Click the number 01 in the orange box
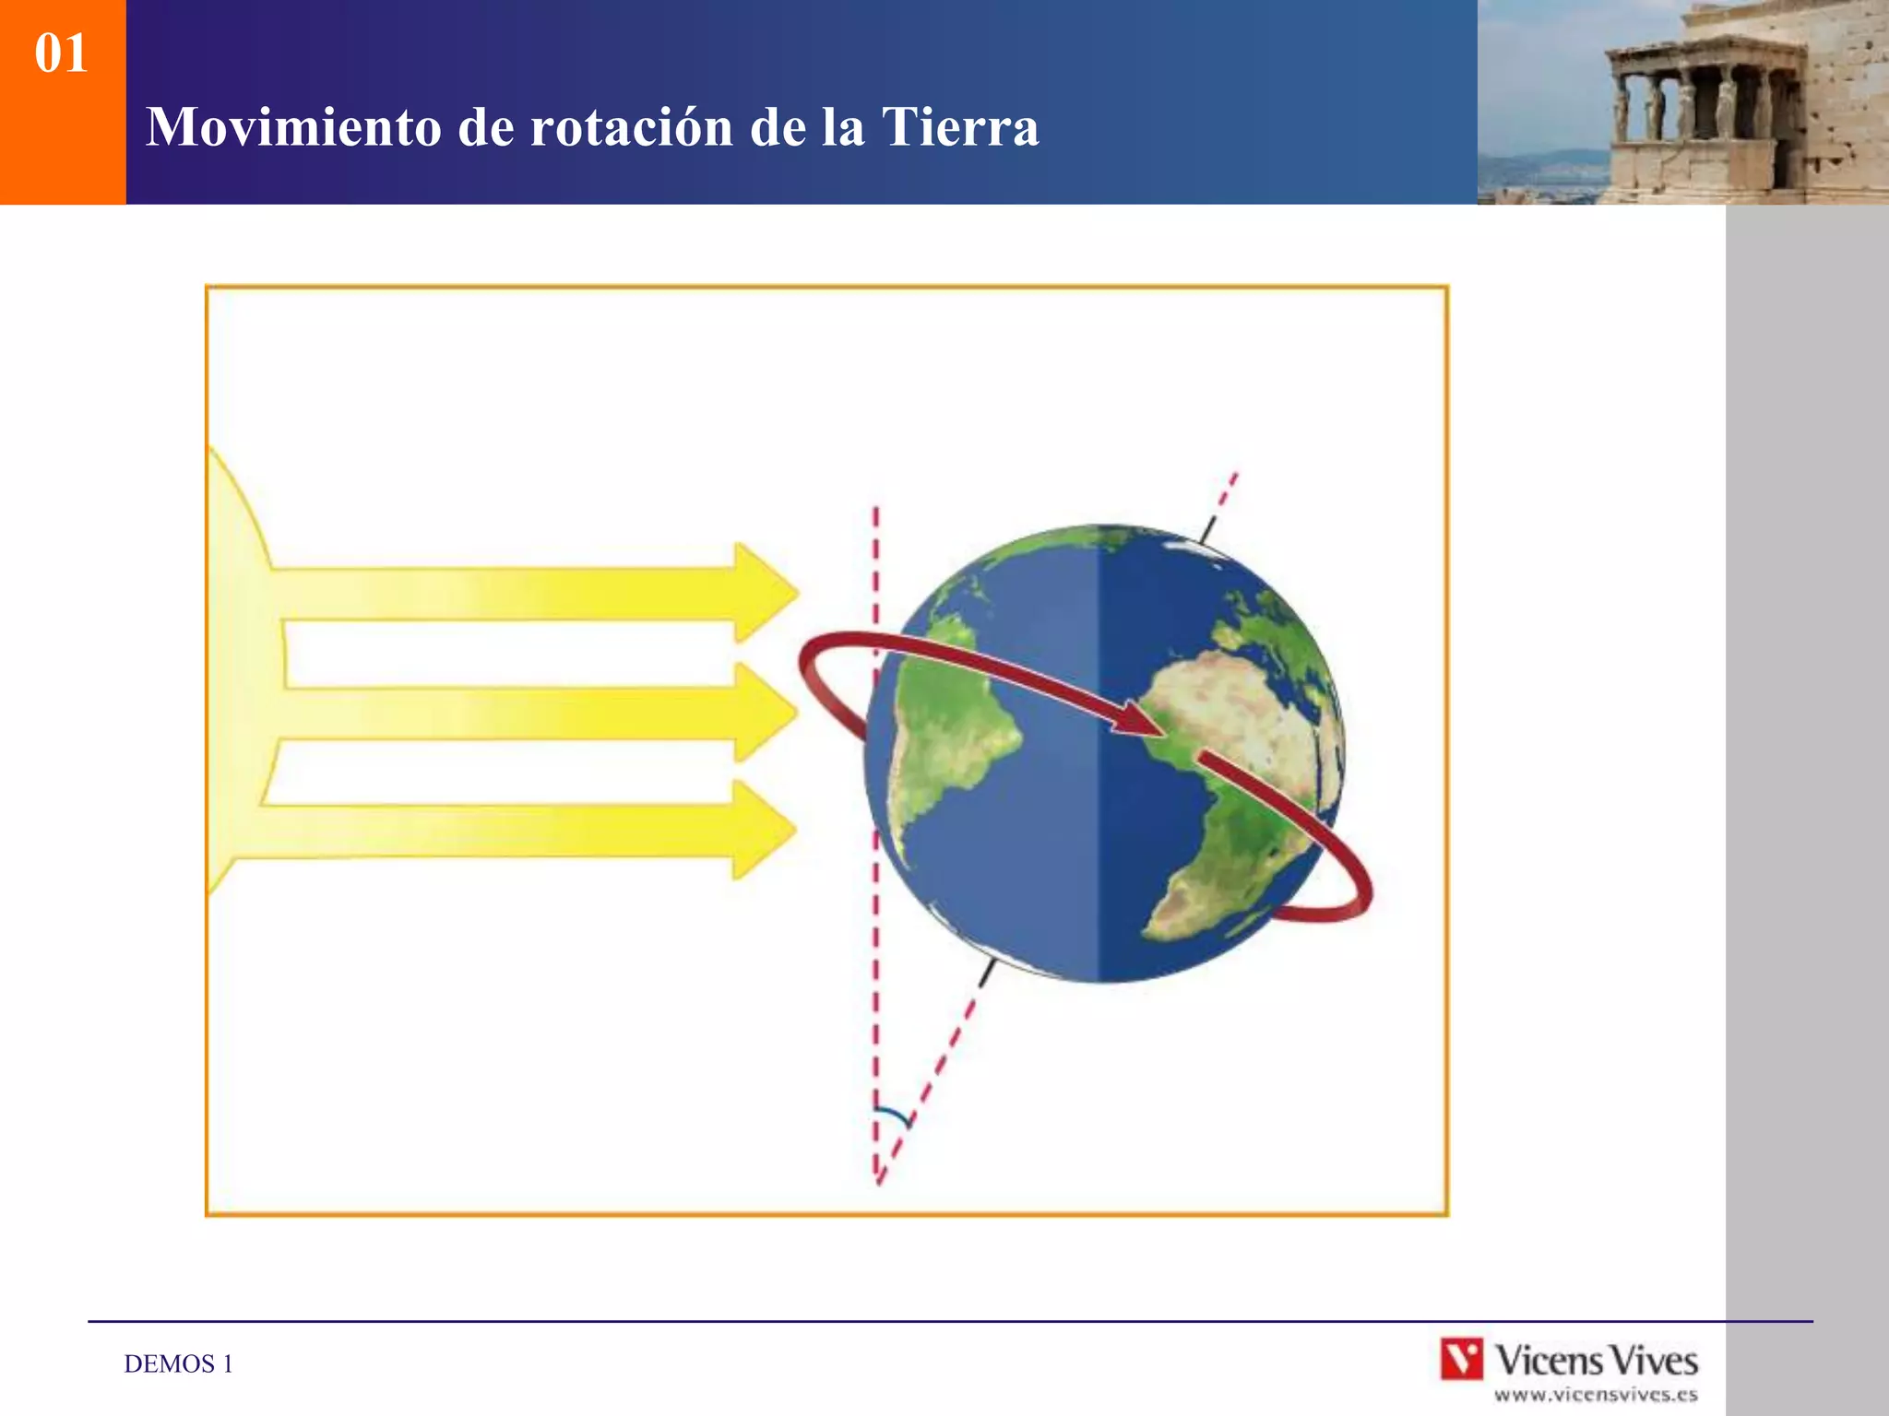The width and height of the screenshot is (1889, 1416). pos(61,53)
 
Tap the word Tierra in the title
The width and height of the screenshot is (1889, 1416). pos(960,127)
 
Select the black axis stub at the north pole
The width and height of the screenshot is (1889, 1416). pos(1207,528)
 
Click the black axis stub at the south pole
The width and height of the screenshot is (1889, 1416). pos(988,972)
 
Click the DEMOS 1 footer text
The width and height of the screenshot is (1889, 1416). pos(178,1363)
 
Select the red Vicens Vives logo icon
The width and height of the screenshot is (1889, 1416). pos(1462,1359)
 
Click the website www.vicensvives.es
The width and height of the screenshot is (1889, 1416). pos(1595,1395)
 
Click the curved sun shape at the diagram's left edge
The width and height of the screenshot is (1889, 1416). pos(236,664)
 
